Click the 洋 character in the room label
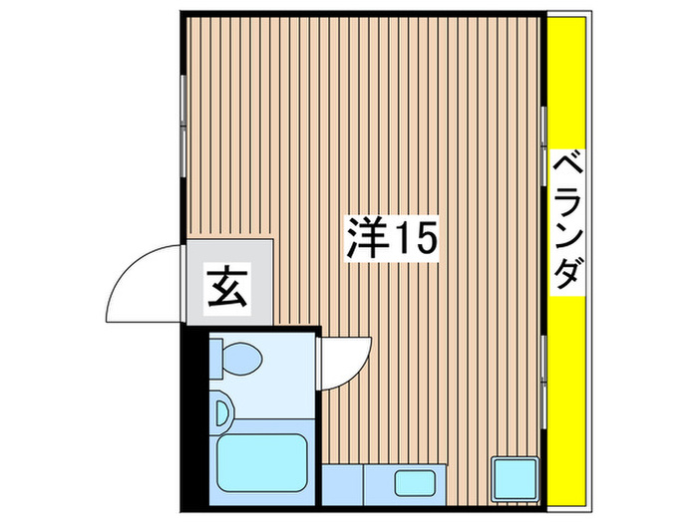[x=366, y=240]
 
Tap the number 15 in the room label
[x=414, y=240]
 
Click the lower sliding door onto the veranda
[x=543, y=379]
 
